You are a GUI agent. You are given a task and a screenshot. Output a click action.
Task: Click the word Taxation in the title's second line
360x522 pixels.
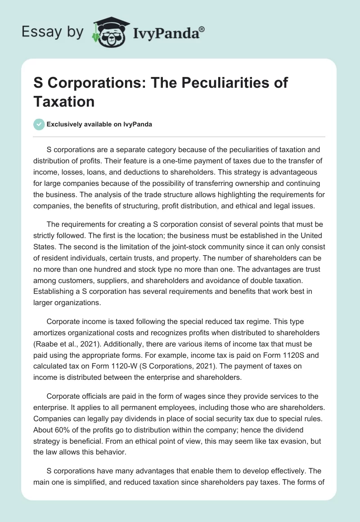[x=64, y=101]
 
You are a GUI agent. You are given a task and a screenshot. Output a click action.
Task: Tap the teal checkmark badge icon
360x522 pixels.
[x=39, y=125]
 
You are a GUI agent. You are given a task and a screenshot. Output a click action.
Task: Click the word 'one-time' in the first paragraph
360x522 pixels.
[x=163, y=160]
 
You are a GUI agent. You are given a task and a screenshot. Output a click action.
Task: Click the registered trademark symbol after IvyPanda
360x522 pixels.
[x=202, y=28]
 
